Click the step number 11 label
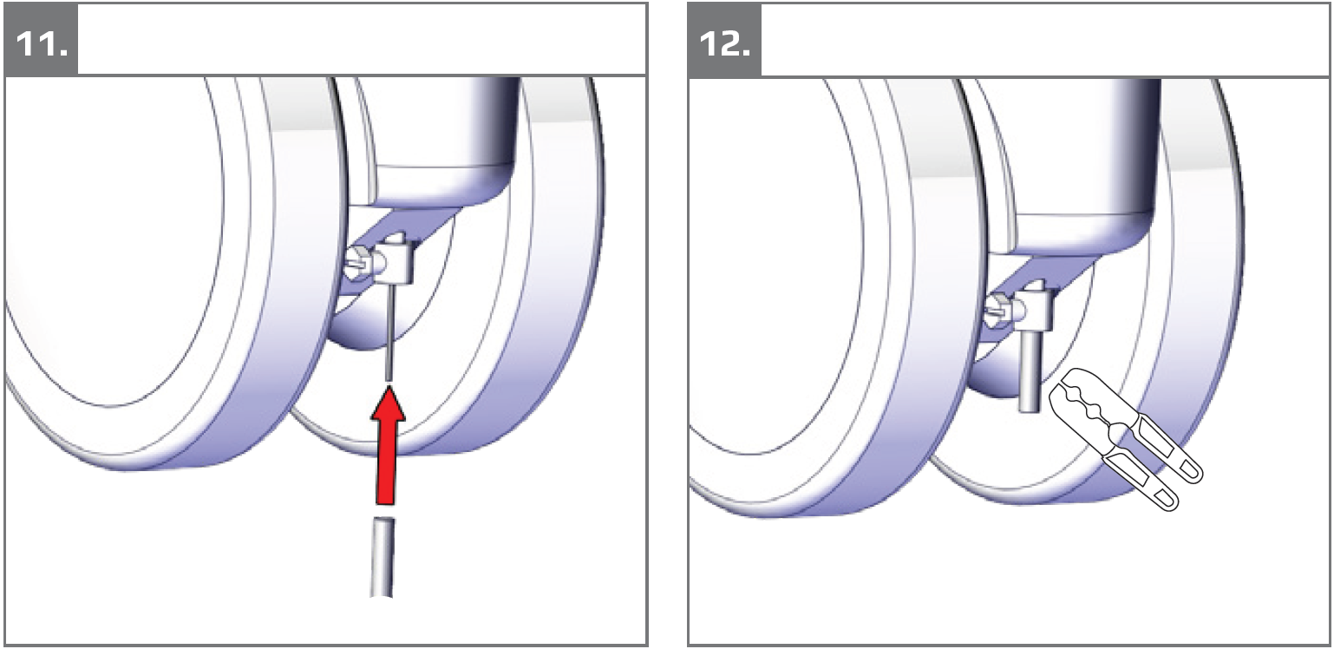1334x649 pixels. (x=42, y=45)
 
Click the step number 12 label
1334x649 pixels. (x=725, y=45)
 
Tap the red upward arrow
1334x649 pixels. (x=389, y=445)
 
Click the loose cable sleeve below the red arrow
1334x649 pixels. (x=383, y=557)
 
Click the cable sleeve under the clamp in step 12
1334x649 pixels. (x=1029, y=371)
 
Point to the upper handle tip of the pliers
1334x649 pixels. (x=1191, y=473)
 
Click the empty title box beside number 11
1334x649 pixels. (x=362, y=39)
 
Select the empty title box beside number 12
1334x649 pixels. (x=1046, y=39)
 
